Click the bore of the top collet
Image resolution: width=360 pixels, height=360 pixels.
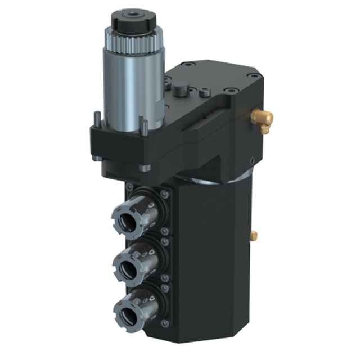tap(128, 217)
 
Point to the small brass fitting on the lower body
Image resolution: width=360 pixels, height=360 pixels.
tap(254, 235)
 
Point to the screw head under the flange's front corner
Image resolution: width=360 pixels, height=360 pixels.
tap(145, 167)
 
